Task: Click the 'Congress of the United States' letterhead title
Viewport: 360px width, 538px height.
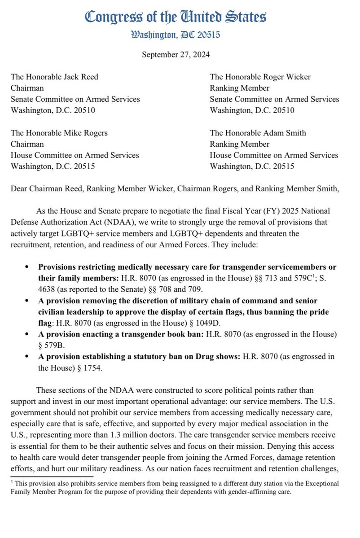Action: pyautogui.click(x=176, y=17)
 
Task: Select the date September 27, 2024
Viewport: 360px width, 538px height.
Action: pyautogui.click(x=176, y=55)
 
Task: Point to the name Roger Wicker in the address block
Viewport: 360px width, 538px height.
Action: pyautogui.click(x=288, y=77)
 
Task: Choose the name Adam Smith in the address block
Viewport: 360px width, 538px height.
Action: pyautogui.click(x=286, y=133)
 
